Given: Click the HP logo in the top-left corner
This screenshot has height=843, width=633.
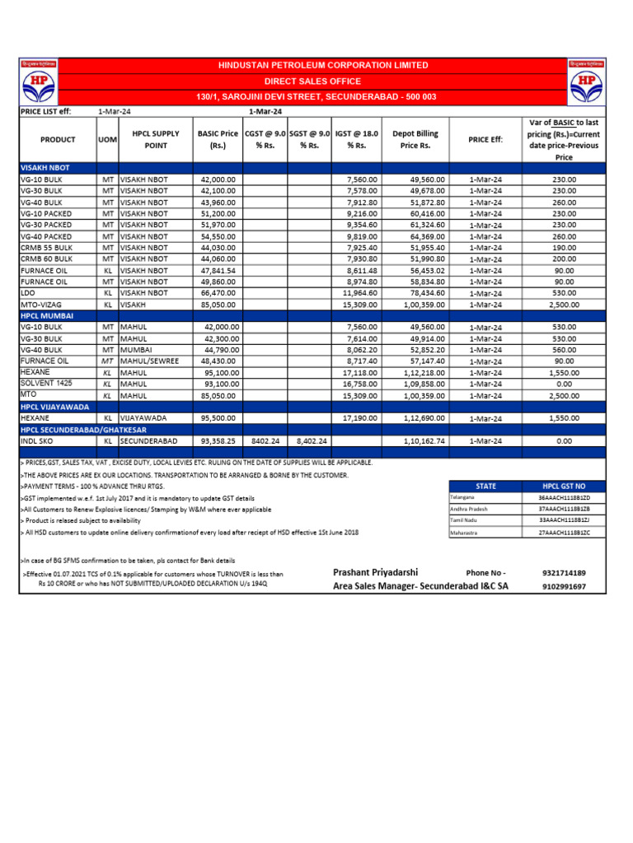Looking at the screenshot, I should coord(38,82).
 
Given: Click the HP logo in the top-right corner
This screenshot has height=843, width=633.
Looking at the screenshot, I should coord(586,82).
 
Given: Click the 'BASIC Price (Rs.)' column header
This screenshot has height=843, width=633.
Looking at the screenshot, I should coord(218,139).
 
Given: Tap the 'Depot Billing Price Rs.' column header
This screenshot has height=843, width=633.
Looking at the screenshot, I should coord(415,139).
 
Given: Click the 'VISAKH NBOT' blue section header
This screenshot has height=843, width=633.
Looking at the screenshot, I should coord(45,167).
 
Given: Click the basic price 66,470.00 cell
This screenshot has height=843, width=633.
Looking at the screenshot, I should coord(218,292).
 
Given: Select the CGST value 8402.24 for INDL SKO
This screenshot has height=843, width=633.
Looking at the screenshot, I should coord(265,441).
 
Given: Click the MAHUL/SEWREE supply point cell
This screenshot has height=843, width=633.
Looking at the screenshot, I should coord(149,361).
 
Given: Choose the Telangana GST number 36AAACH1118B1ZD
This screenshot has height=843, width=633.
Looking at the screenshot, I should coord(564,498).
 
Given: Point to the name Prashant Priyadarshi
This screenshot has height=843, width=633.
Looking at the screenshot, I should coord(376,572).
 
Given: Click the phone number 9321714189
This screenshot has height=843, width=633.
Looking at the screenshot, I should coord(565,572).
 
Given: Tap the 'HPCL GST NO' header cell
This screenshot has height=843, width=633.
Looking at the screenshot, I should coord(564,487).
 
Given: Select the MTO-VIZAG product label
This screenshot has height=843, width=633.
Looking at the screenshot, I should coord(41,304).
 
